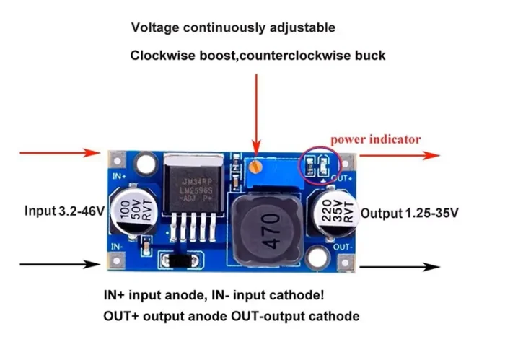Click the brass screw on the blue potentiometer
click(253, 167)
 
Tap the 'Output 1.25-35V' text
click(409, 214)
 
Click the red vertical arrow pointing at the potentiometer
click(254, 108)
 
